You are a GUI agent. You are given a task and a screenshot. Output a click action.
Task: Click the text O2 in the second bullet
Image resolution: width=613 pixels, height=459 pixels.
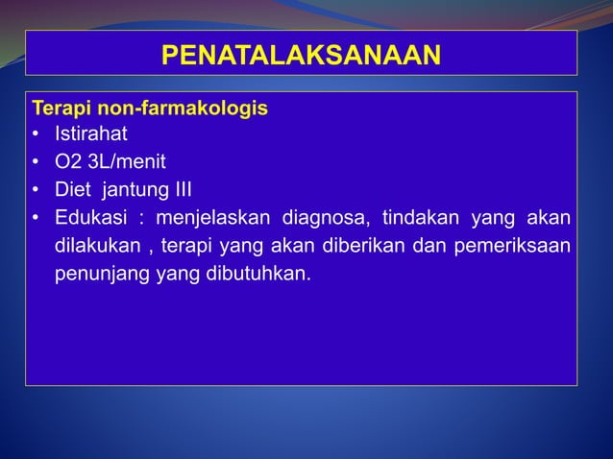(x=67, y=160)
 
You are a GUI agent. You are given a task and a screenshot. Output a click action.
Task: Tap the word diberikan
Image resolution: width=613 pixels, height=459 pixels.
(x=369, y=244)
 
